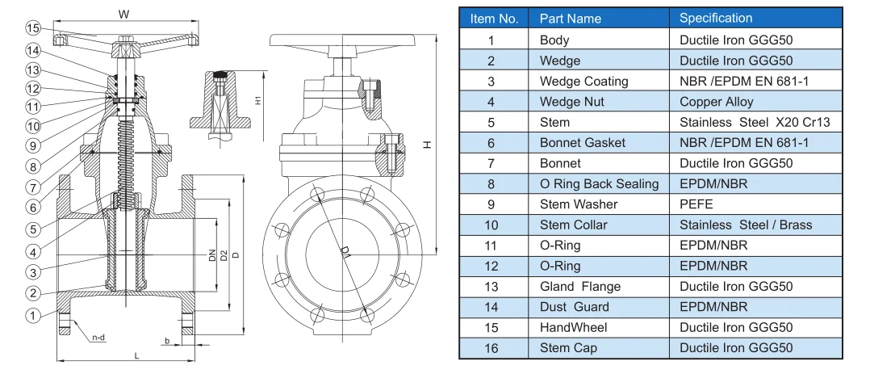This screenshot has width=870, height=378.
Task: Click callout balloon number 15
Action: [x=32, y=28]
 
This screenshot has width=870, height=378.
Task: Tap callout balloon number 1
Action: [x=32, y=316]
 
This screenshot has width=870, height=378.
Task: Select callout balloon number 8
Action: [x=32, y=167]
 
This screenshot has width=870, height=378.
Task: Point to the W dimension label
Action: [x=123, y=14]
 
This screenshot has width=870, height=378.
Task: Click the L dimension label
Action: [x=137, y=355]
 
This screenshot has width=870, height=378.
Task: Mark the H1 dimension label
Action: [x=257, y=101]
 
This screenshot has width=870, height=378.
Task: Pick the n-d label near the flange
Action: [x=98, y=337]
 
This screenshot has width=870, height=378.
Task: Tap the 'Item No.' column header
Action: [x=494, y=18]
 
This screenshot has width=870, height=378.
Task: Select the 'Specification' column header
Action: [x=715, y=18]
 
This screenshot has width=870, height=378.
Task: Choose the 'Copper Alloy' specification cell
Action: [x=716, y=102]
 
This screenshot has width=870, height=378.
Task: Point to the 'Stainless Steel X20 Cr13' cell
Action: [x=754, y=123]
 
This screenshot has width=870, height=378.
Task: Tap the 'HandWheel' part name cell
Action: [x=573, y=327]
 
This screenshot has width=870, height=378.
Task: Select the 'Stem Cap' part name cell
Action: [x=567, y=348]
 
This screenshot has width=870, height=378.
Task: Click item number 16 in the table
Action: [x=491, y=348]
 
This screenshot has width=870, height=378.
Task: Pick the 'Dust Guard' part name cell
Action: [x=574, y=307]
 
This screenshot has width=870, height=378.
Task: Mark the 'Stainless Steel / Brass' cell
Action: [x=745, y=225]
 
